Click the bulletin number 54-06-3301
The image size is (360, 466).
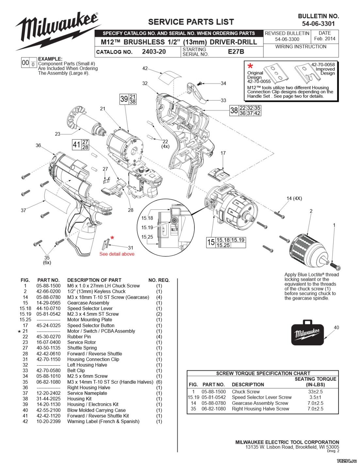point(318,24)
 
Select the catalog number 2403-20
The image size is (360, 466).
point(154,52)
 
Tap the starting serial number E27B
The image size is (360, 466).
point(236,52)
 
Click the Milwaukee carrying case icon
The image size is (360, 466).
point(307,332)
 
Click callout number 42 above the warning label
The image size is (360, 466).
point(145,68)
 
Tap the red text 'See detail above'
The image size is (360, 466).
point(117,254)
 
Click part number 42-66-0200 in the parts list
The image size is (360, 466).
point(48,291)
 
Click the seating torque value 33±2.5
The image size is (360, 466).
point(315,392)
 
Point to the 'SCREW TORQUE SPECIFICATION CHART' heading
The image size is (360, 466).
point(263,373)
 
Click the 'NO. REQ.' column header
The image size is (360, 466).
point(159,280)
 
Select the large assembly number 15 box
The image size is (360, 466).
point(211,242)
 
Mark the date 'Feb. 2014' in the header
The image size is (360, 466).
point(324,39)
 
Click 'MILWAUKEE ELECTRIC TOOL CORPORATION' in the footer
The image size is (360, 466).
point(287,442)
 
